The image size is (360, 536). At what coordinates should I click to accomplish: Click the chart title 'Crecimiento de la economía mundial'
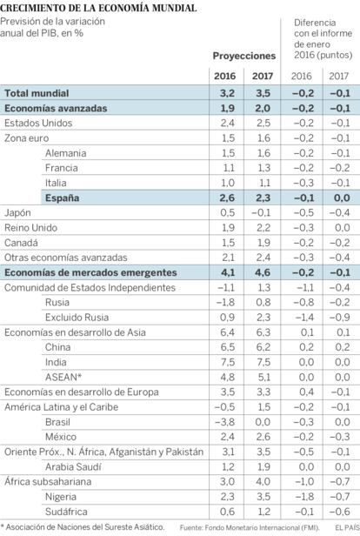[98, 8]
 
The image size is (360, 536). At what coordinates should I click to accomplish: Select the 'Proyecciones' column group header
[243, 56]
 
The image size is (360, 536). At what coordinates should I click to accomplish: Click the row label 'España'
[62, 198]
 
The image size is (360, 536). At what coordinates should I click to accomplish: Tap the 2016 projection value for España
[227, 198]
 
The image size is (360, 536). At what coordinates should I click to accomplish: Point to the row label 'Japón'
[17, 213]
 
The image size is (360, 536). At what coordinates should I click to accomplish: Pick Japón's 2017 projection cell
[261, 213]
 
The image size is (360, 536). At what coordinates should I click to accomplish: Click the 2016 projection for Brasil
[224, 422]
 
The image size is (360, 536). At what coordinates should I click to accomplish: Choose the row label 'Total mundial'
[37, 93]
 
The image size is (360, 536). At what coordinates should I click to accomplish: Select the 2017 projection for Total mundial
[263, 93]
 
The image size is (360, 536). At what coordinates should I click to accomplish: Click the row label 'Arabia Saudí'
[73, 466]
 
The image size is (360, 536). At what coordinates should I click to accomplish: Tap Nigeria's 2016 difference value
[303, 497]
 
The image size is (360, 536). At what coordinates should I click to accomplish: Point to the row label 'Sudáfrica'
[66, 512]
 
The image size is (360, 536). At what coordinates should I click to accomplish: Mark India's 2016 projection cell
[228, 362]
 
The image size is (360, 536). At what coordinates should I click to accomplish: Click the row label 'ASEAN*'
[63, 377]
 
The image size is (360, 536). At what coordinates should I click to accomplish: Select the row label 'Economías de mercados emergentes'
[90, 272]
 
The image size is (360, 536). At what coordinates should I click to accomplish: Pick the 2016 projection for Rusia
[226, 302]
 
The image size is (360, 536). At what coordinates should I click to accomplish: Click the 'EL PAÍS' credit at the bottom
[348, 527]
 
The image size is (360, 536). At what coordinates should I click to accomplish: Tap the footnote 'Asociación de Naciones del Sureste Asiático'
[84, 527]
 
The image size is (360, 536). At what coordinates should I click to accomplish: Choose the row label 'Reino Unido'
[30, 228]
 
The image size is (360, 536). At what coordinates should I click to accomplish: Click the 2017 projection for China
[263, 347]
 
